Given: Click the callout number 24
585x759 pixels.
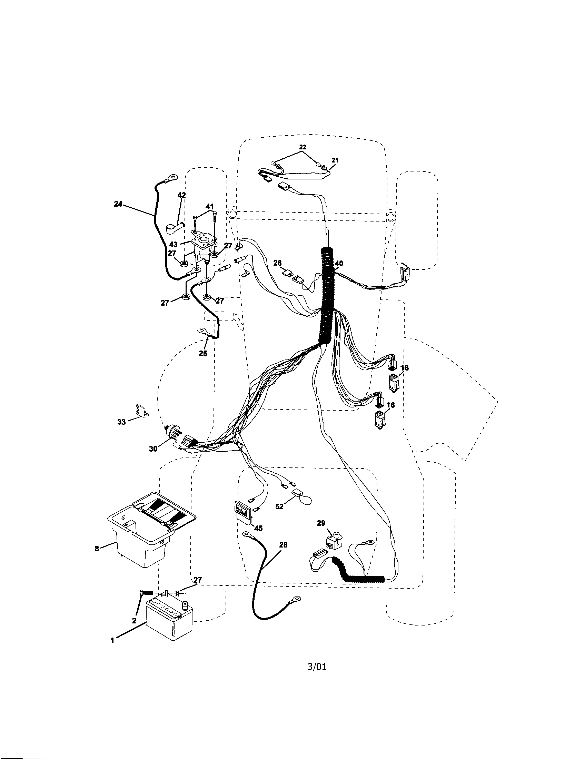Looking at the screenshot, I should click(x=118, y=204).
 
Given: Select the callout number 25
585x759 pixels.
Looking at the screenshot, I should click(x=203, y=353).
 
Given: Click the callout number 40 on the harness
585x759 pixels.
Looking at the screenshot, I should click(x=339, y=264).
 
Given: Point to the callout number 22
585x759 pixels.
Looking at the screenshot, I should click(x=303, y=147).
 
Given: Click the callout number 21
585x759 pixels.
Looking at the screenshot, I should click(x=335, y=160).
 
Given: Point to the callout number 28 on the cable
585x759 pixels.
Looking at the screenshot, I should click(x=283, y=545).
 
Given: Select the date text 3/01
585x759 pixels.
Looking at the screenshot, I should click(x=317, y=677).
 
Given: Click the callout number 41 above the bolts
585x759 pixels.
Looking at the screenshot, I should click(x=209, y=207).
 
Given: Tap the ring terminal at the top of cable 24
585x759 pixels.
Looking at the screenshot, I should click(x=170, y=178).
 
